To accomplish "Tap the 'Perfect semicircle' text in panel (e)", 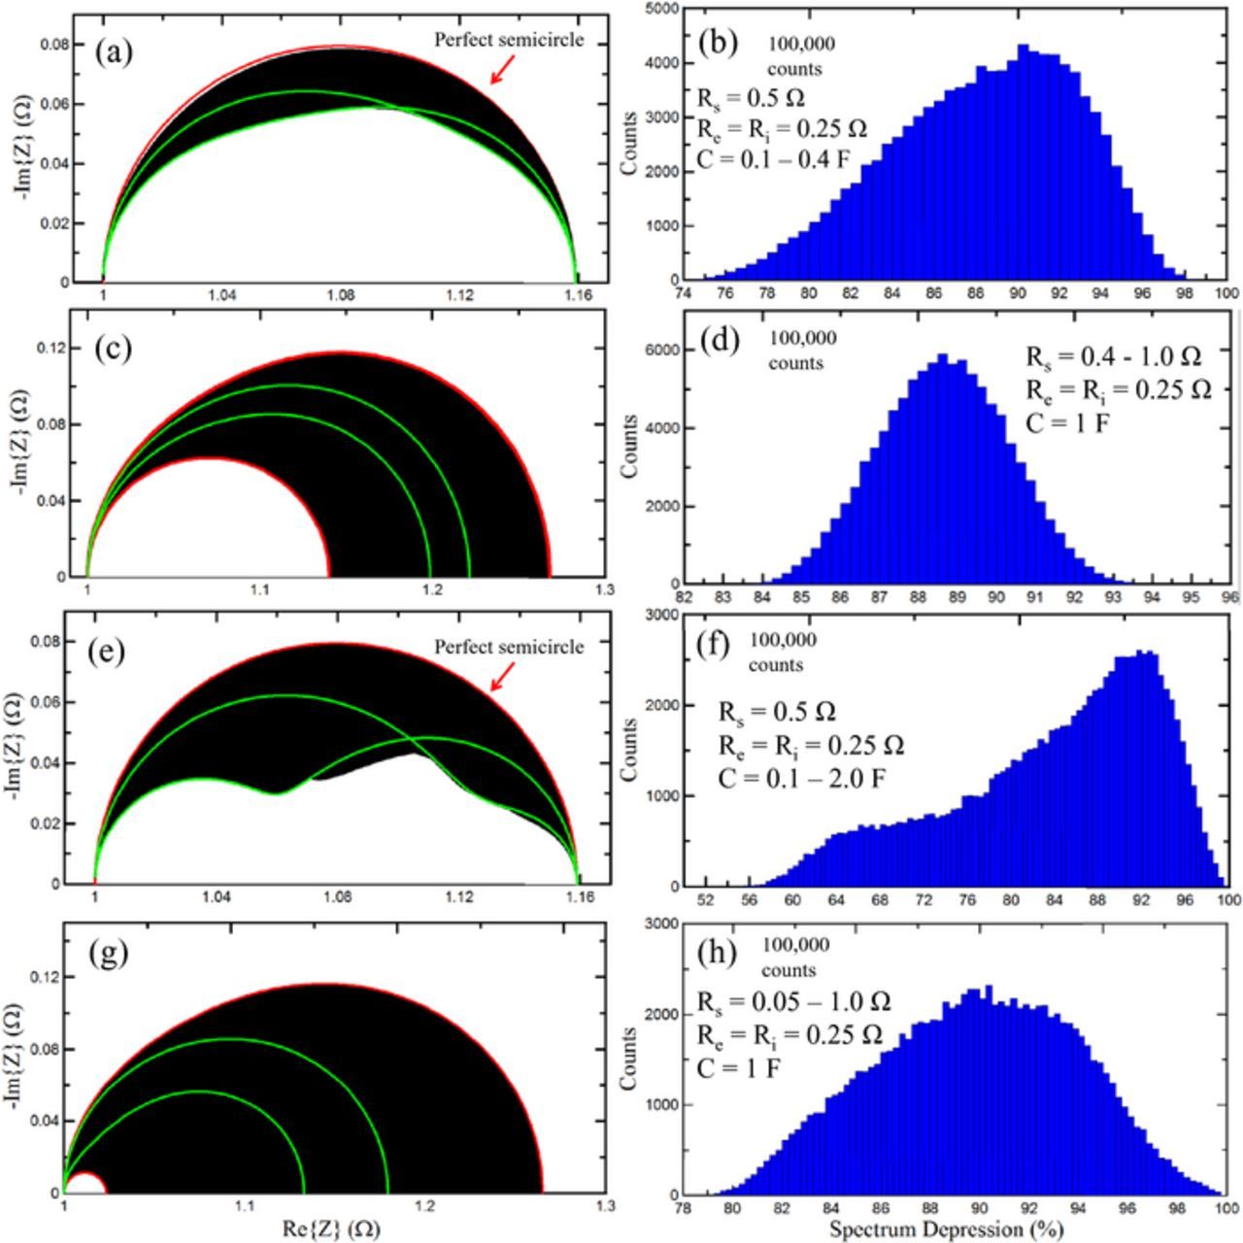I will pyautogui.click(x=509, y=647).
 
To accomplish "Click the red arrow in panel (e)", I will pyautogui.click(x=501, y=678).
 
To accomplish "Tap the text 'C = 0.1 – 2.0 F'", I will pyautogui.click(x=801, y=778).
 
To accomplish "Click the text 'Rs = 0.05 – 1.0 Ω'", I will pyautogui.click(x=793, y=1001).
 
